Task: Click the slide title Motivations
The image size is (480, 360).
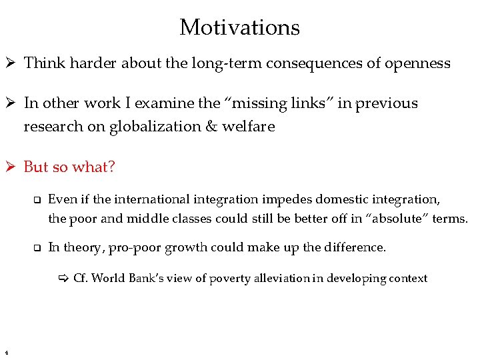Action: [x=239, y=27]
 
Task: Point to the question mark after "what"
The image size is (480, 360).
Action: [x=111, y=167]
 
